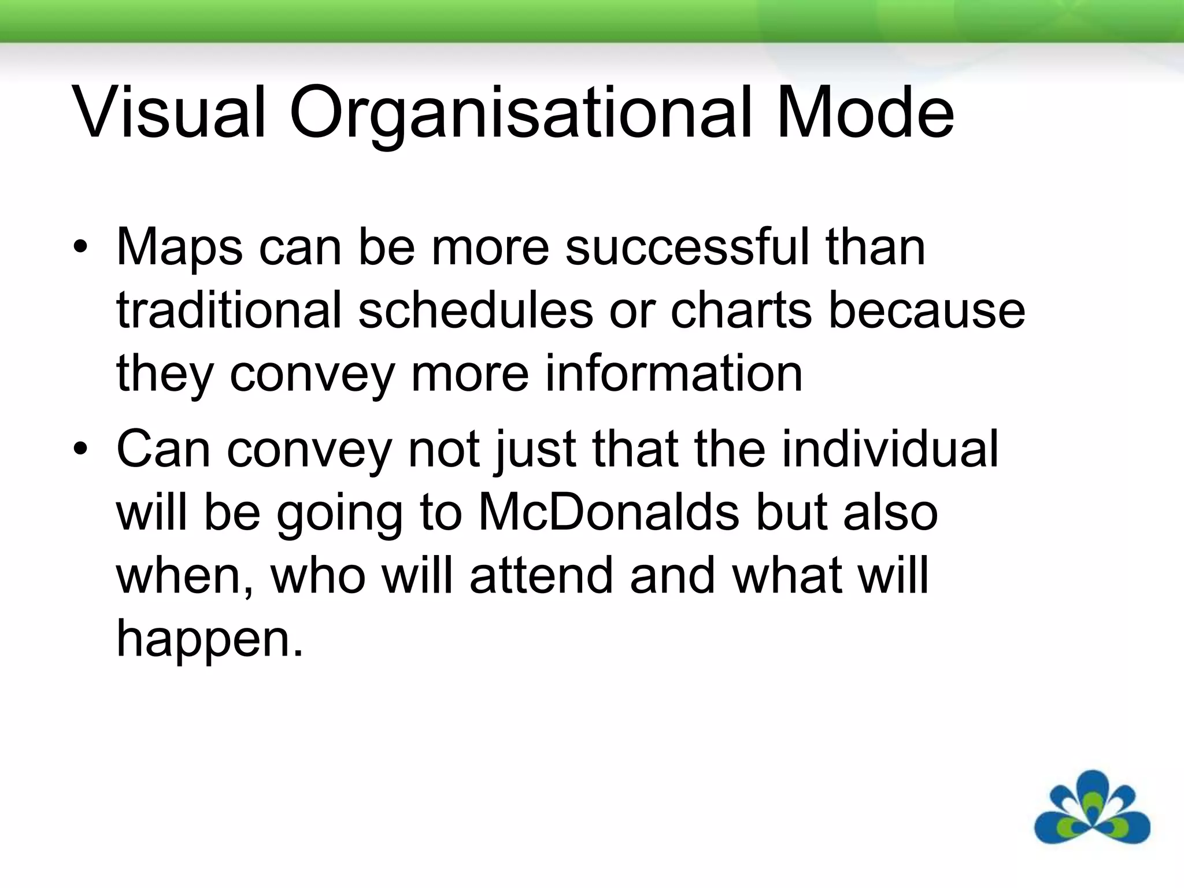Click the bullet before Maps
pyautogui.click(x=81, y=248)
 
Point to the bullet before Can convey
pyautogui.click(x=81, y=449)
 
